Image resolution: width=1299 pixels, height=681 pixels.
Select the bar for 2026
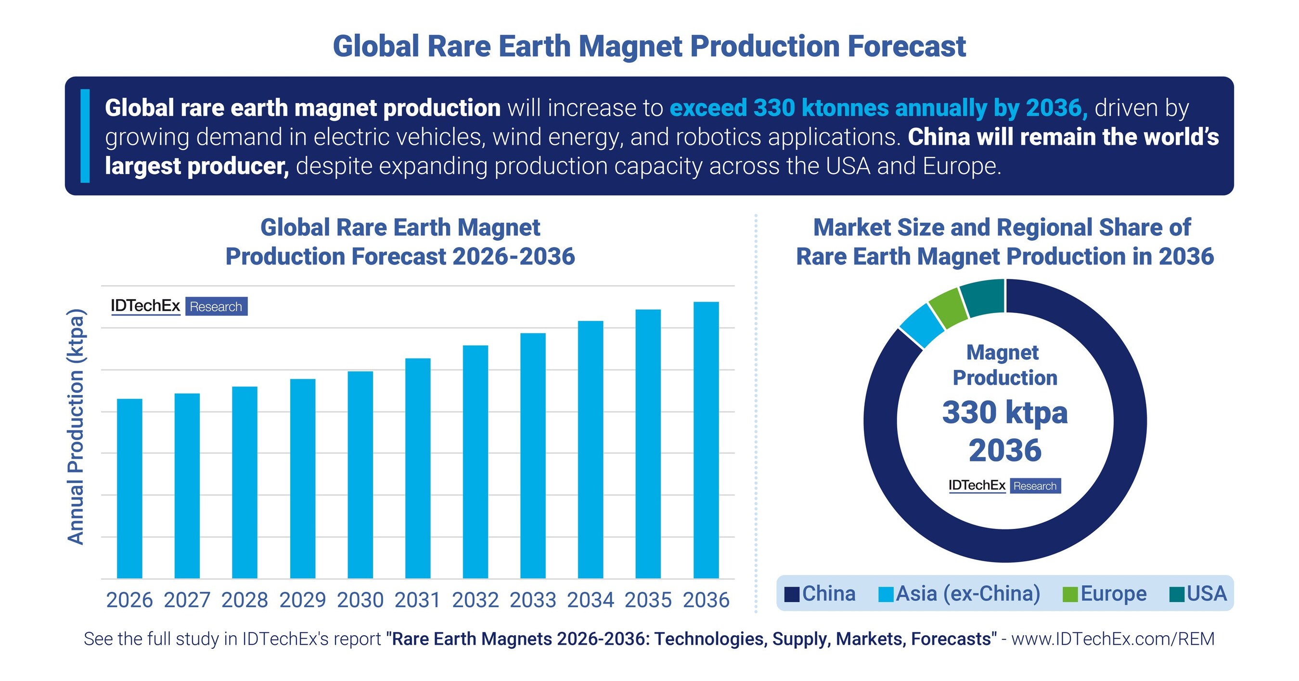coord(129,488)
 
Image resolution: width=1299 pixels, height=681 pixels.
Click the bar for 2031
coord(418,468)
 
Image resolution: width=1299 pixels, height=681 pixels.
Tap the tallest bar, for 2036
coord(706,440)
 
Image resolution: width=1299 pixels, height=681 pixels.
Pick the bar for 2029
coord(303,478)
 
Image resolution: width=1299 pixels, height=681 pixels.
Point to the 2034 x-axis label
coord(591,600)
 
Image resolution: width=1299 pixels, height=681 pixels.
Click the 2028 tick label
coord(244,600)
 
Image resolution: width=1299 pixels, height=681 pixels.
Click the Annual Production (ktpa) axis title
coord(76,426)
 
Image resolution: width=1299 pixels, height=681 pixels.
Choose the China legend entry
coord(821,593)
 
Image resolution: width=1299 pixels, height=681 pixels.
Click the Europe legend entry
coord(1106,593)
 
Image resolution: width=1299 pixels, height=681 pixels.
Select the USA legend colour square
coord(1176,594)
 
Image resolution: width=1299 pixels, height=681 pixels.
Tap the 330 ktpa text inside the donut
coord(1004,413)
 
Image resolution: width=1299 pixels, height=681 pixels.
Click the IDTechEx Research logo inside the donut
coord(1004,485)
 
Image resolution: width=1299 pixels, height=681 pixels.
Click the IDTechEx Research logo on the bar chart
coord(179,306)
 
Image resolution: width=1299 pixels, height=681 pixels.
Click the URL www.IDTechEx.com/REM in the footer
coord(1112,639)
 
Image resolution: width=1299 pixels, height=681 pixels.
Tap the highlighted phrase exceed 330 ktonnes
coord(779,108)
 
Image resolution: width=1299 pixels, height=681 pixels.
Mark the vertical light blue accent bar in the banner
coord(85,136)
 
